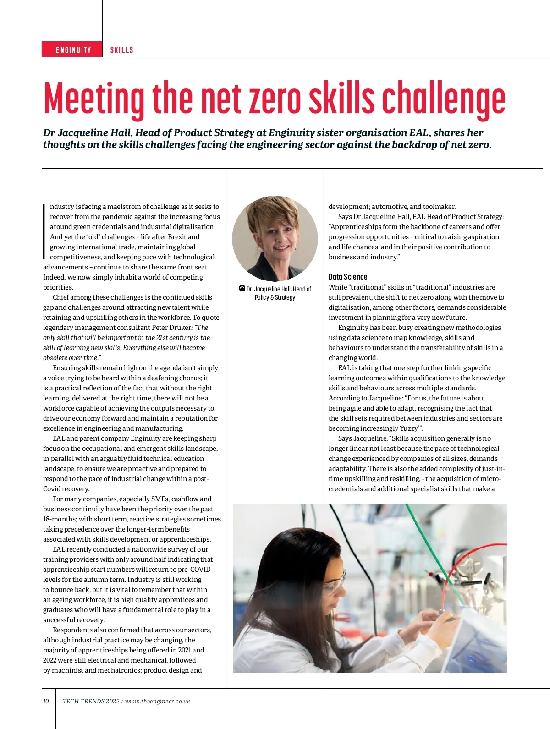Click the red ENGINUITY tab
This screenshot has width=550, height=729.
[73, 49]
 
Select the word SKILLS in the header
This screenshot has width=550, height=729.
[121, 50]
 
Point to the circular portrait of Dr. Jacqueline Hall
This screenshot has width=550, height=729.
[275, 238]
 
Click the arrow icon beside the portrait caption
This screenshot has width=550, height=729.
[242, 288]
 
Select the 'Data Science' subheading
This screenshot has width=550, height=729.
[348, 277]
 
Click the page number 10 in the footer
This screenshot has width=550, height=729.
[46, 701]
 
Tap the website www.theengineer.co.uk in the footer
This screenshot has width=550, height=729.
[158, 701]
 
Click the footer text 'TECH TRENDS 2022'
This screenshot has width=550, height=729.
[91, 701]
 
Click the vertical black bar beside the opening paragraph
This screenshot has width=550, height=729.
[44, 232]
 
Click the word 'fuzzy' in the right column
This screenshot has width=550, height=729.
[409, 428]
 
